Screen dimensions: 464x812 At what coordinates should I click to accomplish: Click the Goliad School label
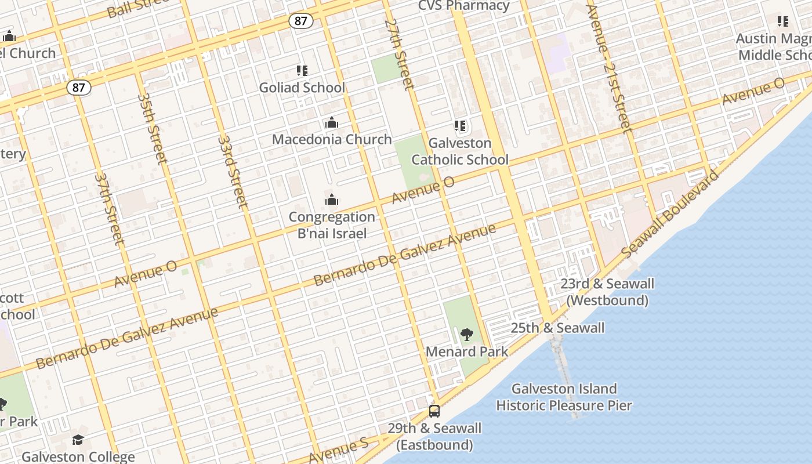point(302,88)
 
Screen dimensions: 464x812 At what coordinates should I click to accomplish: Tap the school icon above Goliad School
point(302,71)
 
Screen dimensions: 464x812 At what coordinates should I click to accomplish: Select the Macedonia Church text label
point(332,139)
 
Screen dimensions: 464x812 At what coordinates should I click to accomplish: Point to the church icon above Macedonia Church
point(332,122)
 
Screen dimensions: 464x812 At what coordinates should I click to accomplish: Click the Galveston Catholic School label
point(460,151)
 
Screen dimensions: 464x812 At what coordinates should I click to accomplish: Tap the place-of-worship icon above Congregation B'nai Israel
point(332,200)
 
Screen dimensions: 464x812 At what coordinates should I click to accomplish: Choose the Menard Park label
point(467,351)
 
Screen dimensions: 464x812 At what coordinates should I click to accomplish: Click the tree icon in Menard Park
point(466,335)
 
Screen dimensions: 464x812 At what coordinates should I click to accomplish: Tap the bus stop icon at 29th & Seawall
point(434,411)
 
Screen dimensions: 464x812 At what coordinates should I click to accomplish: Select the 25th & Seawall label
point(557,328)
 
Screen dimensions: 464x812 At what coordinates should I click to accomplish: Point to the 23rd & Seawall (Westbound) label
point(607,292)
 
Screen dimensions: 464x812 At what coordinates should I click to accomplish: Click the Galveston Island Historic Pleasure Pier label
point(564,397)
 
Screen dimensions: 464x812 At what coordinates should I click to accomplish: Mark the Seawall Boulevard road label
point(669,215)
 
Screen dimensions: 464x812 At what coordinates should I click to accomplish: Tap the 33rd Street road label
point(233,172)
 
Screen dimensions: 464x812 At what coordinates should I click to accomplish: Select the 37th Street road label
point(110,208)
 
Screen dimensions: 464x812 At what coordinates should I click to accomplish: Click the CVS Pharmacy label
point(464,6)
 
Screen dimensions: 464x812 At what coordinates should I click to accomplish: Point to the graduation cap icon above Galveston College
point(78,440)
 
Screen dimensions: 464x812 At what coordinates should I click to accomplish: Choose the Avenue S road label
point(339,451)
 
